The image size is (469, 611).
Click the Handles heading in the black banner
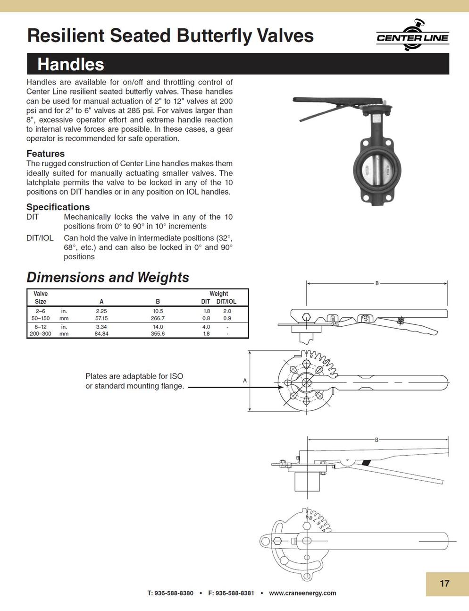pyautogui.click(x=71, y=64)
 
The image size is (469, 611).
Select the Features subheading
pyautogui.click(x=45, y=153)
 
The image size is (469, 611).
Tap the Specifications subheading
pyautogui.click(x=58, y=207)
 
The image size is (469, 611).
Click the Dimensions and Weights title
pyautogui.click(x=108, y=277)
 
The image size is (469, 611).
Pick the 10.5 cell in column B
pyautogui.click(x=158, y=311)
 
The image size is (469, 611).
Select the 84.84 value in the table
pyautogui.click(x=101, y=333)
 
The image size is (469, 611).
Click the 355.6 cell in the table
pyautogui.click(x=158, y=333)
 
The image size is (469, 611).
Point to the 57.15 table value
pyautogui.click(x=101, y=318)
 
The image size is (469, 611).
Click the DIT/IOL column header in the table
pyautogui.click(x=226, y=301)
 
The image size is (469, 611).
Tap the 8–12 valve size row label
pyautogui.click(x=40, y=327)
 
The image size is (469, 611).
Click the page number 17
pyautogui.click(x=444, y=584)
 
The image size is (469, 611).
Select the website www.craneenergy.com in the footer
pyautogui.click(x=302, y=593)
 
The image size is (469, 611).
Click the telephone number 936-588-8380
pyautogui.click(x=174, y=593)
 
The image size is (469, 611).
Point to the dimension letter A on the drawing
pyautogui.click(x=245, y=381)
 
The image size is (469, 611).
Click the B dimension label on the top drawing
pyautogui.click(x=377, y=283)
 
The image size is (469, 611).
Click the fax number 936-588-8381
pyautogui.click(x=234, y=593)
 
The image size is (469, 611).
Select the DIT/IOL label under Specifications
pyautogui.click(x=40, y=238)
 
